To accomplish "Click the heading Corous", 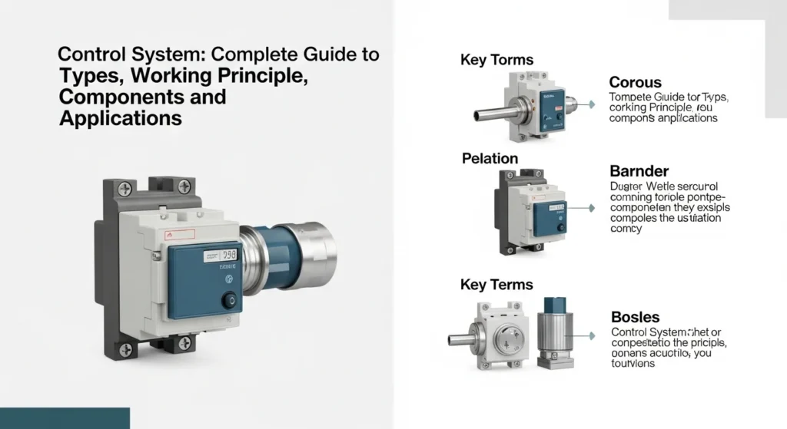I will [x=636, y=82].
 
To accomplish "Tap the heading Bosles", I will [x=635, y=316].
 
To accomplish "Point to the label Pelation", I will [x=490, y=159].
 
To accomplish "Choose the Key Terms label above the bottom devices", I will [x=496, y=285].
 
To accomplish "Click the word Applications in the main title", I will [x=121, y=119].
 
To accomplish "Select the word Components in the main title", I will [x=142, y=97].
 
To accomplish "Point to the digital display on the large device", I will [x=229, y=254].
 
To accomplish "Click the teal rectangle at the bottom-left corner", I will [x=65, y=418].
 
